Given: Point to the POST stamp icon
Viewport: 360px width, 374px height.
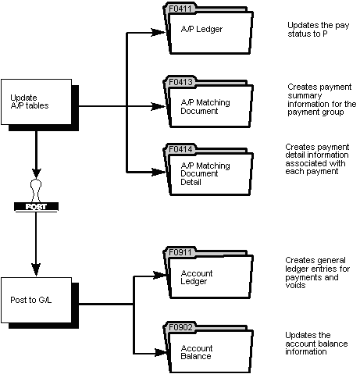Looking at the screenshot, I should coord(34,199).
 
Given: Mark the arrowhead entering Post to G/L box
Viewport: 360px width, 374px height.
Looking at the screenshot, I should coord(34,271).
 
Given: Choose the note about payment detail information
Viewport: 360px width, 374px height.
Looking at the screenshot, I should coord(315,159).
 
